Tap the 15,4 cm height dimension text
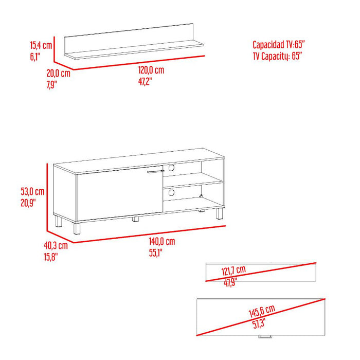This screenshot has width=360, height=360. pos(41,45)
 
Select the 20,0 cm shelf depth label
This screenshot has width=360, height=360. pos(58,74)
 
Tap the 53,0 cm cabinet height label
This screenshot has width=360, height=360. pos(33,191)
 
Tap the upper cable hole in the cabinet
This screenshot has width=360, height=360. pos(171,168)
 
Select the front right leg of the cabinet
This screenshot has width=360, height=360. pos(220,214)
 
